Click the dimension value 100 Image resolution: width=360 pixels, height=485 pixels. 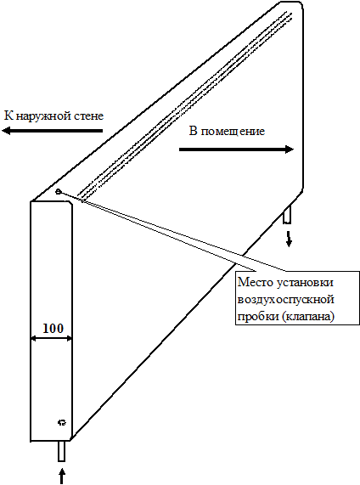(53, 328)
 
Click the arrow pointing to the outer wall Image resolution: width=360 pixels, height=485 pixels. (53, 131)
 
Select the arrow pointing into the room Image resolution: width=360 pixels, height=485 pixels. (236, 149)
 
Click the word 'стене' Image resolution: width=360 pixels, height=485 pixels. (89, 116)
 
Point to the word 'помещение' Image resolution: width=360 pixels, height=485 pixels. (233, 132)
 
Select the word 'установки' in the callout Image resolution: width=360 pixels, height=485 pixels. (305, 283)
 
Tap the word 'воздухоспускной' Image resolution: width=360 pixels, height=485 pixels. (286, 300)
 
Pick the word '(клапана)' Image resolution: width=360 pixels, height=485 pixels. (308, 317)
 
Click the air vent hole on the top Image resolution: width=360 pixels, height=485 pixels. (58, 192)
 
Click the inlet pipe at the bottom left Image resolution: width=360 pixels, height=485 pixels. (61, 451)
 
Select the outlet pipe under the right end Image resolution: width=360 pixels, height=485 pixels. (287, 214)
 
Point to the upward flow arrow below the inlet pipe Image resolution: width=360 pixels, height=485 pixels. (62, 476)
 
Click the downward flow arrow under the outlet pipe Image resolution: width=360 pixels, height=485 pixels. (289, 239)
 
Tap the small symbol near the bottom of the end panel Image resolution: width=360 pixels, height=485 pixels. (62, 422)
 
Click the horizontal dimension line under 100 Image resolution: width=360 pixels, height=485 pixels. (52, 339)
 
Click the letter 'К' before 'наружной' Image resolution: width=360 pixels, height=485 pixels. (8, 116)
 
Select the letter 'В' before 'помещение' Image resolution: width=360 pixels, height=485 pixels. (194, 131)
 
